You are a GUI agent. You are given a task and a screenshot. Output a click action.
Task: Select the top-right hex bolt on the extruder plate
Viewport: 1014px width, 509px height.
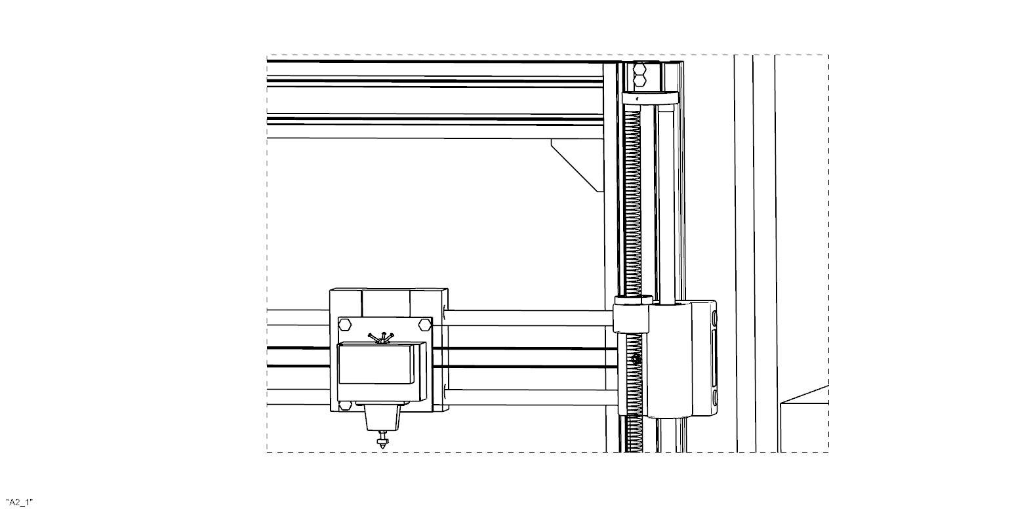(424, 324)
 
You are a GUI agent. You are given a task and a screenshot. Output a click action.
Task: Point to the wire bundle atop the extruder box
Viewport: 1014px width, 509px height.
(380, 337)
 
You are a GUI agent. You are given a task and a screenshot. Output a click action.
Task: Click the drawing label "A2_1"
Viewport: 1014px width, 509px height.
(19, 502)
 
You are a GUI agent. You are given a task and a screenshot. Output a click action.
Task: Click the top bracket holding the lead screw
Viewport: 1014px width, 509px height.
(649, 98)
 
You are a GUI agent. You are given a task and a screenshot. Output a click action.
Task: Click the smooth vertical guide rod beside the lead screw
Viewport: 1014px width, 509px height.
(664, 197)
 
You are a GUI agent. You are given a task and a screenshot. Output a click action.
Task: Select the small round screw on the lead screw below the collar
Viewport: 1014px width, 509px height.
(636, 359)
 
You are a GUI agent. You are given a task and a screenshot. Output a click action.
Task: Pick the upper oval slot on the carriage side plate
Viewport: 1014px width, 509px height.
(714, 319)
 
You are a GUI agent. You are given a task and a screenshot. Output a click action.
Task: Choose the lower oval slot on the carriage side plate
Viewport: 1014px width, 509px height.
(714, 397)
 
